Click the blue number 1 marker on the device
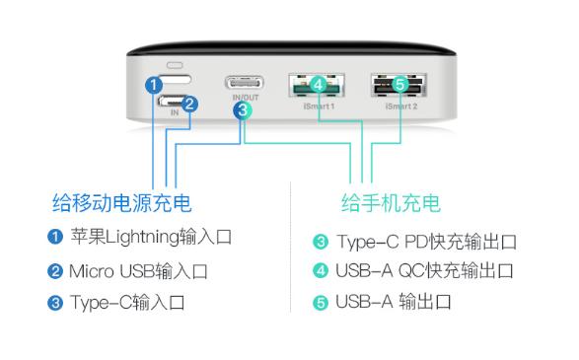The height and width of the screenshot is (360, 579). tap(154, 85)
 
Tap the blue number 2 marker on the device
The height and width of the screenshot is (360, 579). tap(191, 103)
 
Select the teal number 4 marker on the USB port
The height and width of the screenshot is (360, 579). tap(318, 85)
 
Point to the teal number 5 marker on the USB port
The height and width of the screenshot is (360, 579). tap(398, 85)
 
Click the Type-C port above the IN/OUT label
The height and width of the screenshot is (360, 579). tap(246, 83)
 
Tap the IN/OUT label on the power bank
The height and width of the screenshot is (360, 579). tap(245, 99)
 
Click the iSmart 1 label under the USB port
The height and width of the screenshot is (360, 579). tap(319, 105)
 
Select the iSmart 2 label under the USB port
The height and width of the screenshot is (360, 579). tap(399, 105)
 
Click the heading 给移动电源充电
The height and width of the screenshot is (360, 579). tap(121, 203)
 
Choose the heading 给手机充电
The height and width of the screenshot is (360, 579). tap(391, 203)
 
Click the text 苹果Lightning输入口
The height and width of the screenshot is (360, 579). tap(151, 237)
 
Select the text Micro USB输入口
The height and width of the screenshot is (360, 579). tap(138, 269)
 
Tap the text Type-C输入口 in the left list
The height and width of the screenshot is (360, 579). tap(126, 302)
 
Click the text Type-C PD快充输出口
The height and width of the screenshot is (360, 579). tap(426, 242)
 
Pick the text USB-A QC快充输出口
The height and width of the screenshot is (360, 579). tap(426, 271)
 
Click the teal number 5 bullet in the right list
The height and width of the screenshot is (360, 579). tap(320, 302)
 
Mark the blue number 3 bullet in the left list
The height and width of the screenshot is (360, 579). tap(56, 302)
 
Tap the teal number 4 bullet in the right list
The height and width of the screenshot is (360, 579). tap(320, 271)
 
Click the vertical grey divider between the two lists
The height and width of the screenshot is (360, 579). tap(291, 247)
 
